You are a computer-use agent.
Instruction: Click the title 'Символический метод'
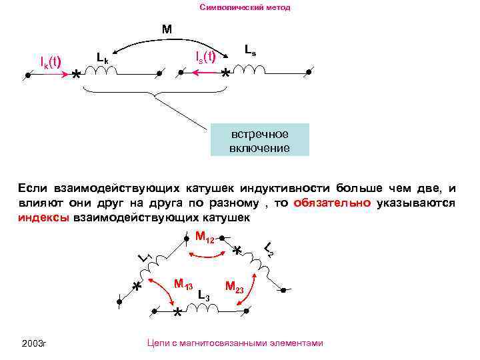[x=245, y=8]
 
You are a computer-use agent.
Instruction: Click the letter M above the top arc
[x=167, y=29]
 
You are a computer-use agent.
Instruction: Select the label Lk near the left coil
[x=102, y=58]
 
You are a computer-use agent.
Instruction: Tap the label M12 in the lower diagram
[x=205, y=237]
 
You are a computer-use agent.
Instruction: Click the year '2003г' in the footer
[x=34, y=343]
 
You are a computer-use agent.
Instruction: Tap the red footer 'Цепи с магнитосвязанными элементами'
[x=233, y=343]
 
